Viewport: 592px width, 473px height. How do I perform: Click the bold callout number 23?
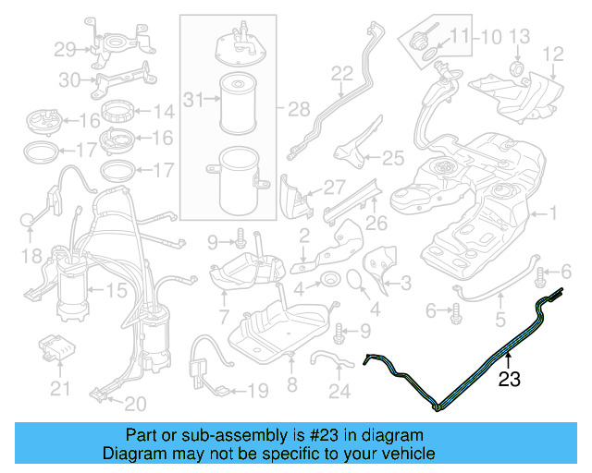point(510,379)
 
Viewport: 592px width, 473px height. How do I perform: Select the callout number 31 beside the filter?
point(193,100)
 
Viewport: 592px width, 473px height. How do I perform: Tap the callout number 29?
point(65,50)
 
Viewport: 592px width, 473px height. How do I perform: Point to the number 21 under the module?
point(60,389)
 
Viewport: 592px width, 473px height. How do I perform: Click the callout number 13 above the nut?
point(520,37)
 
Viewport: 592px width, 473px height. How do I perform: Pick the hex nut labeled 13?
point(517,67)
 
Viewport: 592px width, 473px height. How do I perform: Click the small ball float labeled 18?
point(27,220)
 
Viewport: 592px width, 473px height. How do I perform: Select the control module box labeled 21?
point(57,347)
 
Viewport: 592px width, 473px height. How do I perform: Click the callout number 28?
point(299,109)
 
